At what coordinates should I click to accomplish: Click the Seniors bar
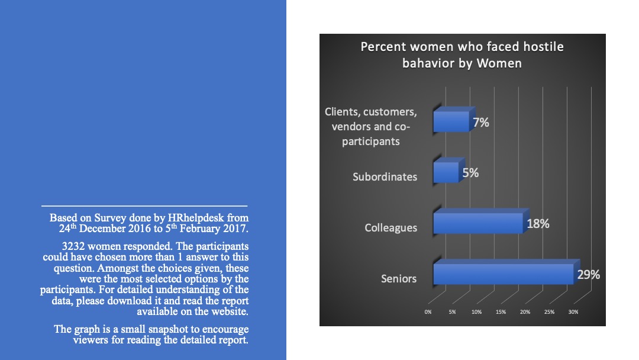coord(506,272)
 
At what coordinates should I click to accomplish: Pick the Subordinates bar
coord(448,170)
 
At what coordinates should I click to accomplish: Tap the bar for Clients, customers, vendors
coord(454,119)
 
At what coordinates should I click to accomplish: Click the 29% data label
coord(589,275)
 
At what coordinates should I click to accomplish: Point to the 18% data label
coord(538,224)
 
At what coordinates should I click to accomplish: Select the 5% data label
coord(470,173)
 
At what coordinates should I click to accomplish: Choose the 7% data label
coord(481,123)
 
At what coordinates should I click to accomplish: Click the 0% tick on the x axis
coord(428,312)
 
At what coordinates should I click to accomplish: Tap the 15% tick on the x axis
coord(501,312)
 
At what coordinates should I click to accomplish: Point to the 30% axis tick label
coord(573,312)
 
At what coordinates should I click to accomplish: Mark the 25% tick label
coord(549,312)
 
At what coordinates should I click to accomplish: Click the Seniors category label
coord(399,278)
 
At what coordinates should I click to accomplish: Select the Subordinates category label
coord(385,177)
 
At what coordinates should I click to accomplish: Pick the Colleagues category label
coord(391,228)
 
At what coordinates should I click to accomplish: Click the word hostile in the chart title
coord(543,47)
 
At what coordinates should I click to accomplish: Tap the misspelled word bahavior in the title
coord(438,63)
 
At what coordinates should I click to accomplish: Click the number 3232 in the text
coord(73,246)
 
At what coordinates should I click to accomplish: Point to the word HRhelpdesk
coord(196,218)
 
